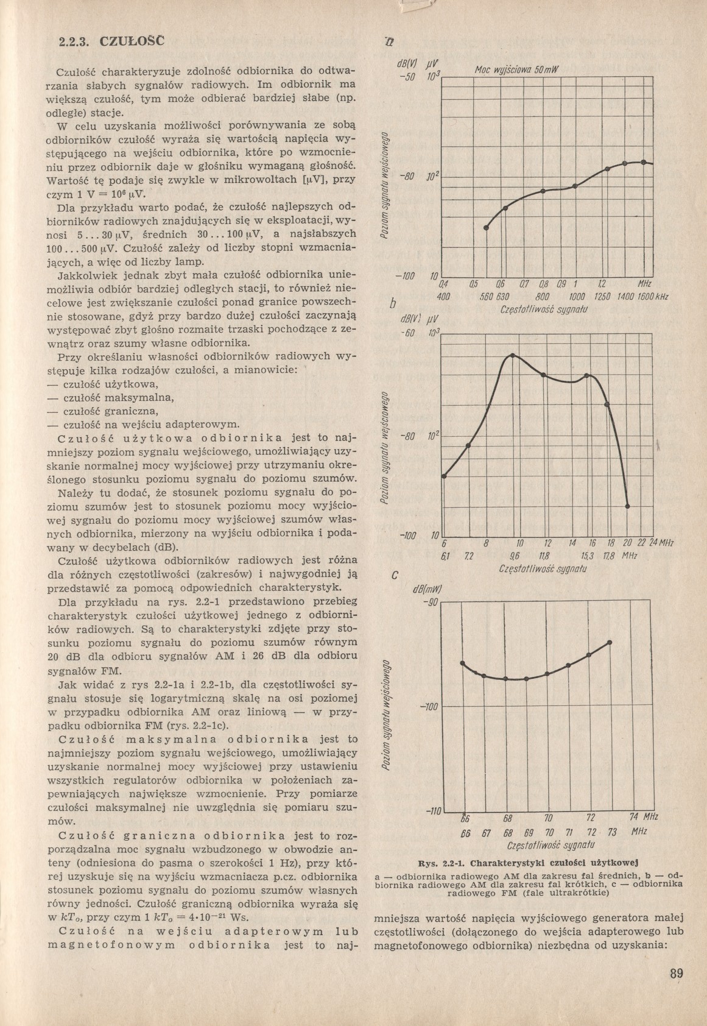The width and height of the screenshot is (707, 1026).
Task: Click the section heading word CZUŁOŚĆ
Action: [132, 43]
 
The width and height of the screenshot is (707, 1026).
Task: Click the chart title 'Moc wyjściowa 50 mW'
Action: [512, 70]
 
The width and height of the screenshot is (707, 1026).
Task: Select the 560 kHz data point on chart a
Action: [486, 227]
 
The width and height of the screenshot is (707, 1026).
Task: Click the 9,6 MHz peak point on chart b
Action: [513, 355]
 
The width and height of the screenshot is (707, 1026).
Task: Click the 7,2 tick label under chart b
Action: [468, 555]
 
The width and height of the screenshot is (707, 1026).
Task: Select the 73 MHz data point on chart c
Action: [610, 642]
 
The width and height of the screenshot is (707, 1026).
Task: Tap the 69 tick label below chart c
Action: [529, 832]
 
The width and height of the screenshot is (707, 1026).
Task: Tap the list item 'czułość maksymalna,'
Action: [111, 398]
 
